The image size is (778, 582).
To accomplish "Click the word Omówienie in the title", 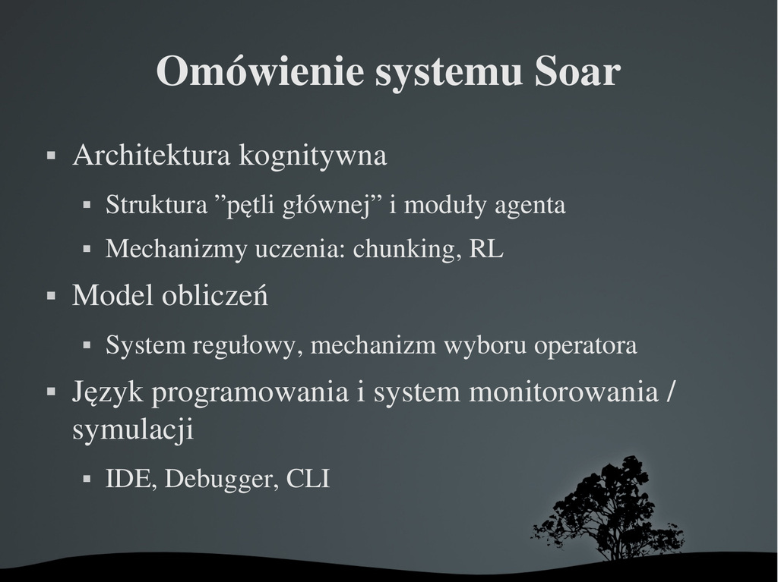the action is click(260, 71).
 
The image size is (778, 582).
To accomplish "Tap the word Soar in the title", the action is click(577, 71).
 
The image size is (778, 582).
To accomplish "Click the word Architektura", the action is click(152, 155).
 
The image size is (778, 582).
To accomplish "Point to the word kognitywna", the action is click(313, 156).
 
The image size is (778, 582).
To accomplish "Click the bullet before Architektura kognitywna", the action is click(51, 156).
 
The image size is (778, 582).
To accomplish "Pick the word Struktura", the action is click(157, 205).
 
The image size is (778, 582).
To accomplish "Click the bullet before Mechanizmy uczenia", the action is click(87, 250).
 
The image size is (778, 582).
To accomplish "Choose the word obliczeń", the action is click(215, 295).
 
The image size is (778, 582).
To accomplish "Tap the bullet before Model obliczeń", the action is click(51, 296).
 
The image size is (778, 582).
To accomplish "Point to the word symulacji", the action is click(133, 429).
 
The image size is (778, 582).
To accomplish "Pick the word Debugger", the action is click(221, 480).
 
